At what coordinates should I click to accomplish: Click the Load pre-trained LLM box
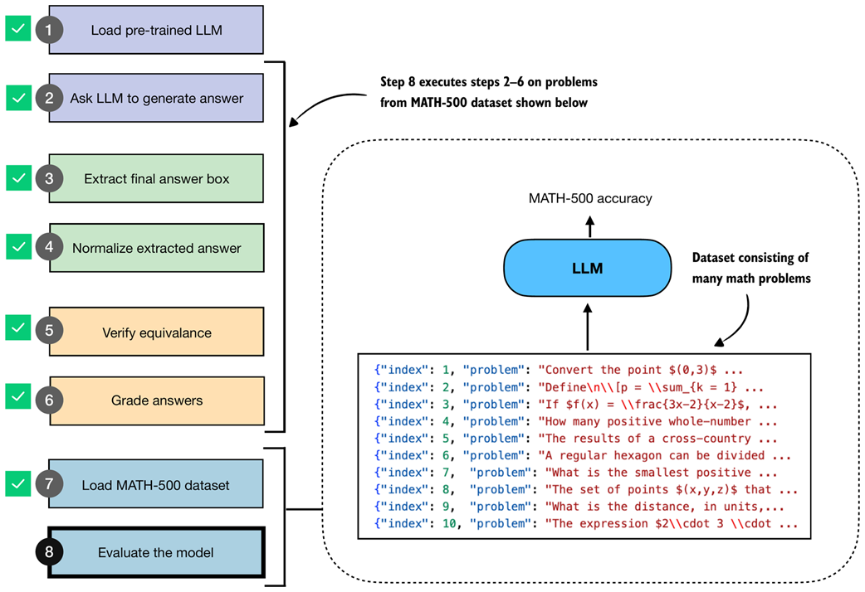[156, 30]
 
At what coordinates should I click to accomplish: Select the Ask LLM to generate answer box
[156, 98]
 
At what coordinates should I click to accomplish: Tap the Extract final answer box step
[156, 178]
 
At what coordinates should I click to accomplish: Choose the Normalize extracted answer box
[156, 248]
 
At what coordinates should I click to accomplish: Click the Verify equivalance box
[156, 332]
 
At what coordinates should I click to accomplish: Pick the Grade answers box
[156, 400]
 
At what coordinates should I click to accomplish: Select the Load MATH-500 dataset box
[156, 485]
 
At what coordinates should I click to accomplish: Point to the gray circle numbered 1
[49, 30]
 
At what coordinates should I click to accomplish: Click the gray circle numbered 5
[49, 332]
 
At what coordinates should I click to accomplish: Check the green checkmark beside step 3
[17, 178]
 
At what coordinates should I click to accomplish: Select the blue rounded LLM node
[587, 269]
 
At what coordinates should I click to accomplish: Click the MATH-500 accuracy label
[590, 199]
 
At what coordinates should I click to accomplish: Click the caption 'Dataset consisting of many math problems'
[750, 269]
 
